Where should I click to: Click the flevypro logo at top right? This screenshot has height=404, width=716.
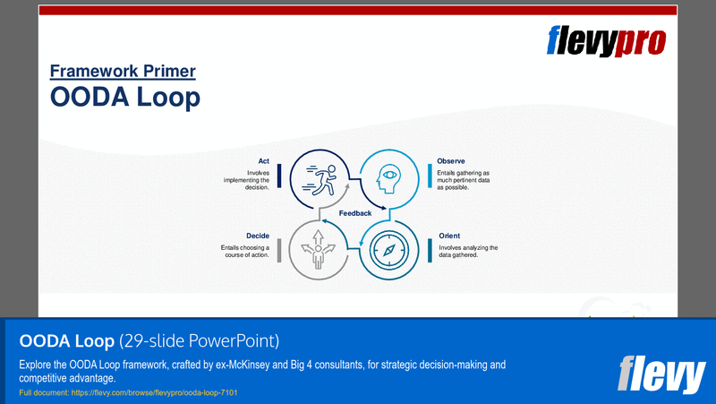pyautogui.click(x=606, y=41)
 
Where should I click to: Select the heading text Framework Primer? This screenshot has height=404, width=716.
pyautogui.click(x=123, y=71)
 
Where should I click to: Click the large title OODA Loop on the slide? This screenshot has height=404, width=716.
pyautogui.click(x=125, y=97)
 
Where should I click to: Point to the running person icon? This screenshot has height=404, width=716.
pyautogui.click(x=320, y=175)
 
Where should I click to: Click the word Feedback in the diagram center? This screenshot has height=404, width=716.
pyautogui.click(x=355, y=212)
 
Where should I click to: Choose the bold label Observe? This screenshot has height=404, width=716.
pyautogui.click(x=451, y=161)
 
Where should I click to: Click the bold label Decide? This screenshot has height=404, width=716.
pyautogui.click(x=258, y=236)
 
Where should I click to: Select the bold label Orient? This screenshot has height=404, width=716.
pyautogui.click(x=449, y=236)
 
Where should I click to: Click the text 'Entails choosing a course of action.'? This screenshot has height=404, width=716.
pyautogui.click(x=245, y=251)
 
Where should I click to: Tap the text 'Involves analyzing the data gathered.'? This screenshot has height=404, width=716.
pyautogui.click(x=468, y=251)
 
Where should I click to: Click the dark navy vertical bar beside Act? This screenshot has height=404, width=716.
pyautogui.click(x=279, y=175)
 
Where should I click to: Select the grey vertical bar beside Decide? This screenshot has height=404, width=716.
pyautogui.click(x=279, y=250)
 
